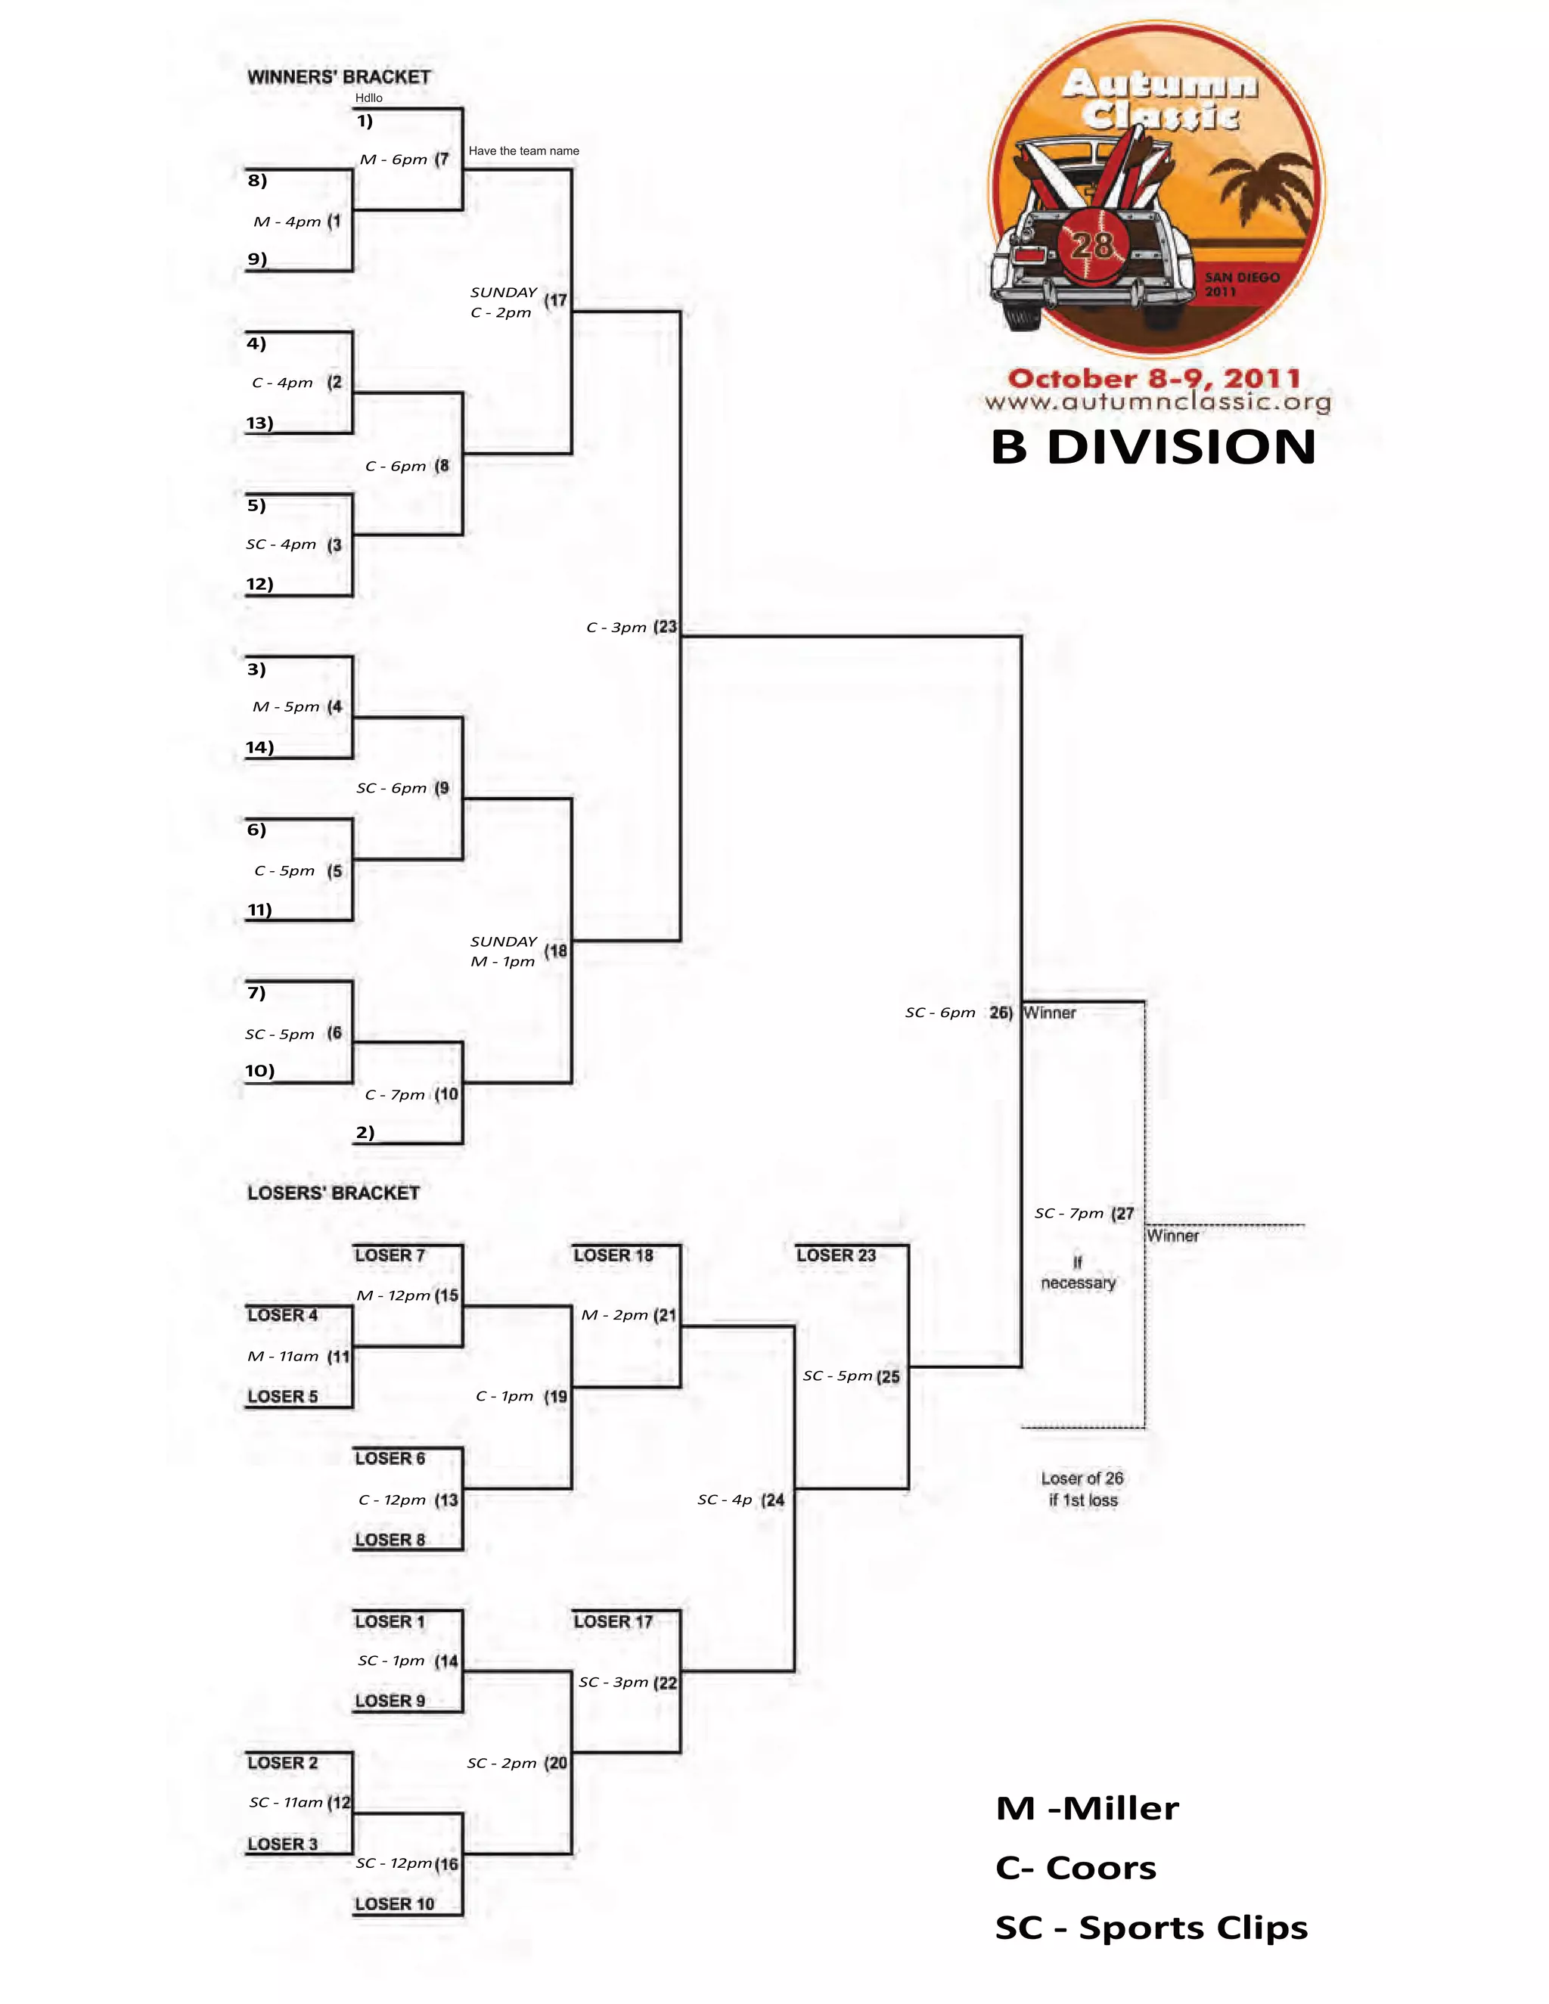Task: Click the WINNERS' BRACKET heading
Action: [339, 77]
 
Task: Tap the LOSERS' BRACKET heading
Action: [333, 1193]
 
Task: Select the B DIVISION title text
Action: [1153, 447]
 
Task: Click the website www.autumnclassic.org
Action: [1157, 402]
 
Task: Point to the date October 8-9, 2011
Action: [1154, 378]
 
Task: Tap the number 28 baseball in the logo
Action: [1092, 245]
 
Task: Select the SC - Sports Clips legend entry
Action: [1152, 1927]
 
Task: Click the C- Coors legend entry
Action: [1076, 1867]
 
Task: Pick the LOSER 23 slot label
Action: [836, 1255]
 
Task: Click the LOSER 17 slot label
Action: [613, 1621]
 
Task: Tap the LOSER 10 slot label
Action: [395, 1904]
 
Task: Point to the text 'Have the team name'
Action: [524, 150]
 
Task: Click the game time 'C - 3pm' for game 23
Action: [616, 628]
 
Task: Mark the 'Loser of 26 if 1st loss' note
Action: [1083, 1489]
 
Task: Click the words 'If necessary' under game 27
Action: [1079, 1273]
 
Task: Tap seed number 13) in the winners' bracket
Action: [259, 423]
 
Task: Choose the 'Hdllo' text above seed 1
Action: [369, 98]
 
